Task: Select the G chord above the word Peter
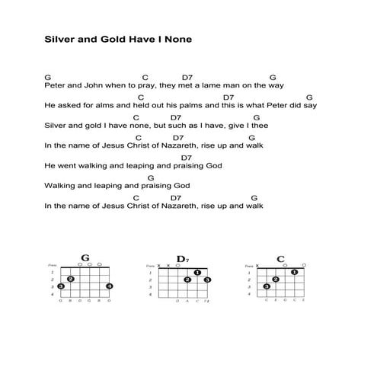tap(47, 77)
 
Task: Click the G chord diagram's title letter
tap(85, 258)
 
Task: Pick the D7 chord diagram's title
tap(182, 259)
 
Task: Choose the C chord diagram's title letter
tap(280, 258)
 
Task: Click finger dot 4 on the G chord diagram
tap(110, 286)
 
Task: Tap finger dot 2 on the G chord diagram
tap(70, 279)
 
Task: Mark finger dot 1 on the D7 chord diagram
tap(197, 272)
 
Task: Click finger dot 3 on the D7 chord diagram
tap(207, 280)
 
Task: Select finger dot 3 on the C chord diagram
tap(267, 286)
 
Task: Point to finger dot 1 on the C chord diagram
tap(294, 272)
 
